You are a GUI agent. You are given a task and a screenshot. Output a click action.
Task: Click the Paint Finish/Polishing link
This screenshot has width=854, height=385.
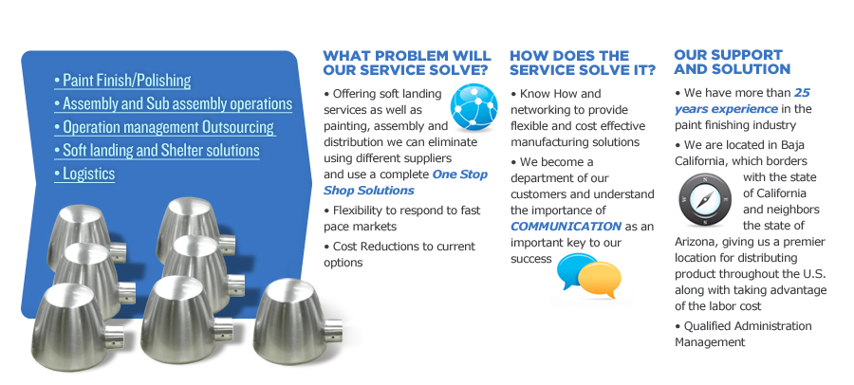coord(122,81)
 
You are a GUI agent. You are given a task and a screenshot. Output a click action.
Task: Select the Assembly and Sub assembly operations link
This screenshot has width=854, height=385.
coord(174,104)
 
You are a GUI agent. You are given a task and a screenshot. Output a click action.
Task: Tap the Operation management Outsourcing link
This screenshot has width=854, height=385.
coord(164,127)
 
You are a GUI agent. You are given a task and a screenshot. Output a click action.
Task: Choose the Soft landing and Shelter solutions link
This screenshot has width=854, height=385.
coord(157,150)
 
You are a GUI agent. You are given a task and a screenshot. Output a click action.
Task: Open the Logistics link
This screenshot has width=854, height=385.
coord(84,174)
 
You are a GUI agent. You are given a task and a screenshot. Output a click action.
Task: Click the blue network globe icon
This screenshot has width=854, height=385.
coord(473,107)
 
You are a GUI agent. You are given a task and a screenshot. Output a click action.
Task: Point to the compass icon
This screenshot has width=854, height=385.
coord(705,200)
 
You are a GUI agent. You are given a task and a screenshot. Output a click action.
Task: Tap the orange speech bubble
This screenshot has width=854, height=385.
coord(601,280)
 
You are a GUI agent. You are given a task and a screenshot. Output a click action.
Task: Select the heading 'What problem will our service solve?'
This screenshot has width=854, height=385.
coord(407,64)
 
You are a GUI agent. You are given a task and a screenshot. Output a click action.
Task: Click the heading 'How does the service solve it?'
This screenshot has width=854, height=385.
coord(583,64)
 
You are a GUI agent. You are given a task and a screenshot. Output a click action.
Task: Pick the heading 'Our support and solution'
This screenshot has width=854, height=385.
coord(732,62)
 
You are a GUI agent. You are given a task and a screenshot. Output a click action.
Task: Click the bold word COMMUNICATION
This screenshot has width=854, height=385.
coord(566,227)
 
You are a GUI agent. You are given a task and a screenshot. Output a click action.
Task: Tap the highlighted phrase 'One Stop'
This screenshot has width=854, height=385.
coord(460,174)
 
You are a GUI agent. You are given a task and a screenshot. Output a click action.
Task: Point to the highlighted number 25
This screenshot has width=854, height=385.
coord(802,93)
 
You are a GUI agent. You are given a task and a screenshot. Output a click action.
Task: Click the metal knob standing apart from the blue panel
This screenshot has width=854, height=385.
coord(297,321)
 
